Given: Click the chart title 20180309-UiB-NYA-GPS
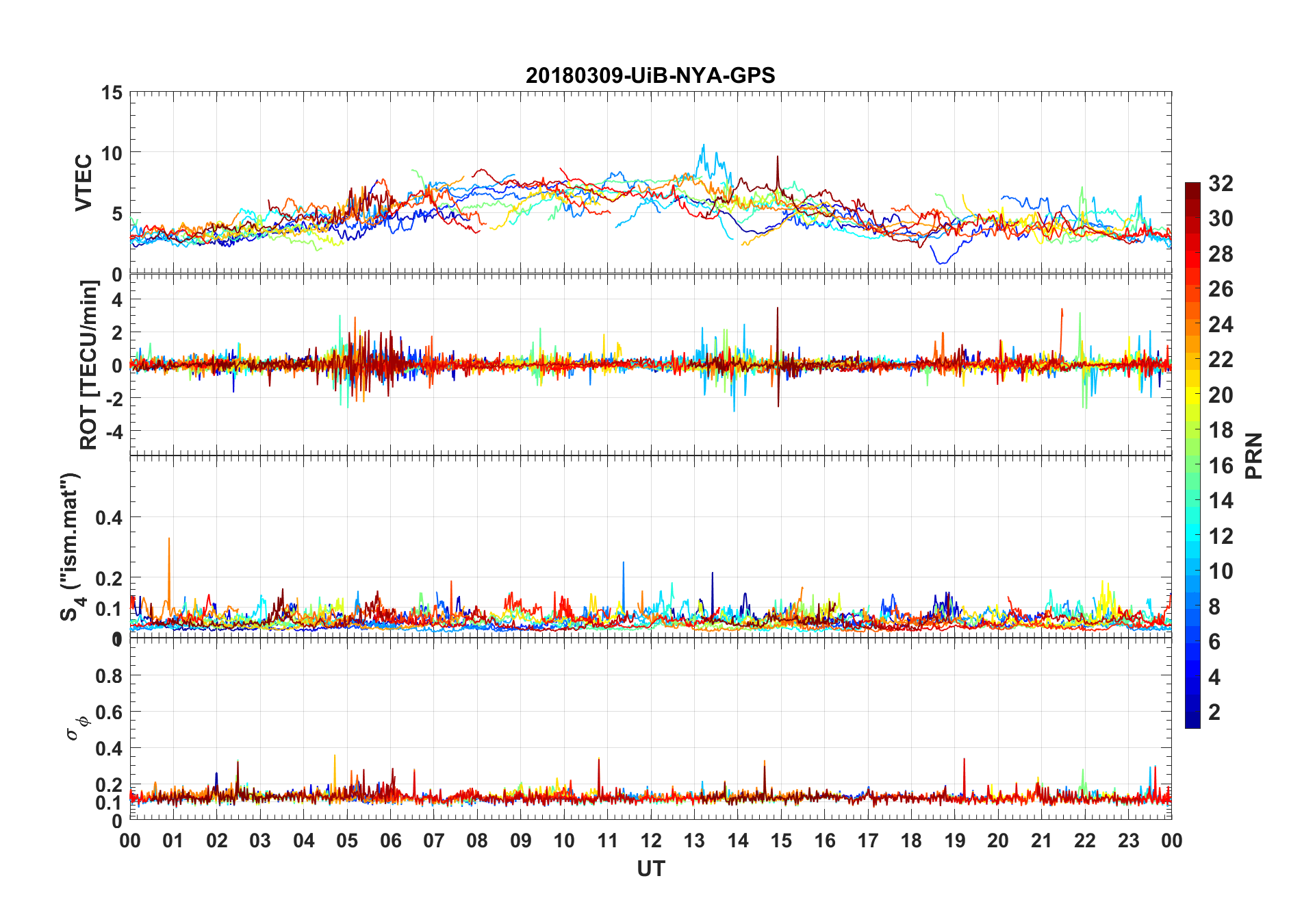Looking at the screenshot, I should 650,75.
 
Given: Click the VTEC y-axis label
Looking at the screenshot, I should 84,183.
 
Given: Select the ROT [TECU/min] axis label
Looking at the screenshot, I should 89,364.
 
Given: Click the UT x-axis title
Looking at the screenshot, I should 650,869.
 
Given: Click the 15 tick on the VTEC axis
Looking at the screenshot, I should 112,92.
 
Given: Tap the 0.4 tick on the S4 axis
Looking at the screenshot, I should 109,518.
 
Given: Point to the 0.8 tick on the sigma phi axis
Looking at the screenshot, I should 109,676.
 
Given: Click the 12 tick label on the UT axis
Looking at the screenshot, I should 651,840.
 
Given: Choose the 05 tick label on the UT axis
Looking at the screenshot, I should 347,840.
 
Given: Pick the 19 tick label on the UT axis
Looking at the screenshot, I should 955,840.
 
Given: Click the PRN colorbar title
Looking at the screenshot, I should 1254,455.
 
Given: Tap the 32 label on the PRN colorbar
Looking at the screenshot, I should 1221,184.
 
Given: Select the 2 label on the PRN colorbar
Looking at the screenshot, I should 1214,712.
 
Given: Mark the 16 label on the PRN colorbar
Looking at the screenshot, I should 1221,466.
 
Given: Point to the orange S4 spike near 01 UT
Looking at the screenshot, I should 169,541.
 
